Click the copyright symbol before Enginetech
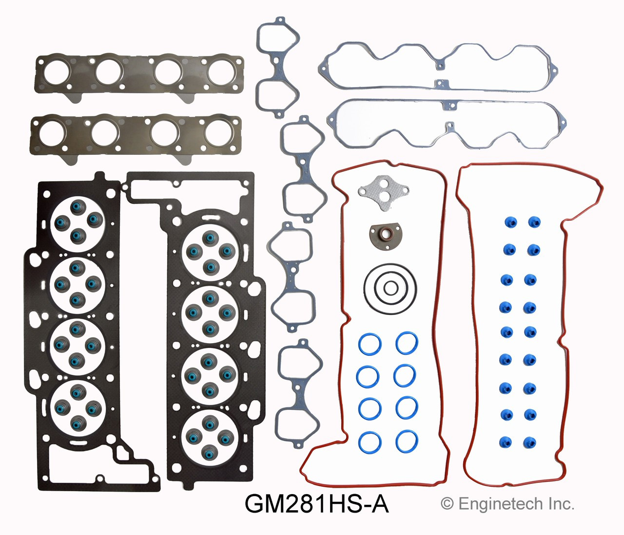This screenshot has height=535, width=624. [x=447, y=504]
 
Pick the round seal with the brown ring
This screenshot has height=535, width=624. [x=386, y=237]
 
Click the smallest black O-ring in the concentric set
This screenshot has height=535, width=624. [x=390, y=288]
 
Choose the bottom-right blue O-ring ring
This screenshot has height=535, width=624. [x=407, y=442]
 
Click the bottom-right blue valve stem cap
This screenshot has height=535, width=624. [x=530, y=443]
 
